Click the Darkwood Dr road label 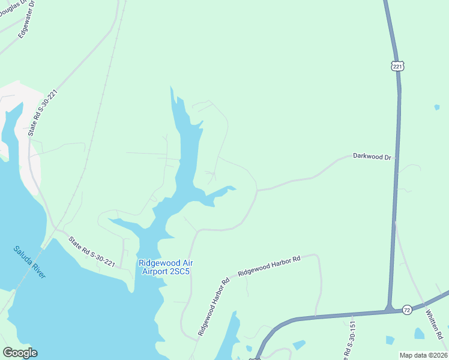pyautogui.click(x=372, y=157)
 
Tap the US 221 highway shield pyautogui.click(x=397, y=67)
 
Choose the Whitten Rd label pyautogui.click(x=435, y=324)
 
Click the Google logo pyautogui.click(x=20, y=353)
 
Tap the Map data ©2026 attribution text pyautogui.click(x=424, y=355)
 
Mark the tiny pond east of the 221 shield pyautogui.click(x=436, y=108)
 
